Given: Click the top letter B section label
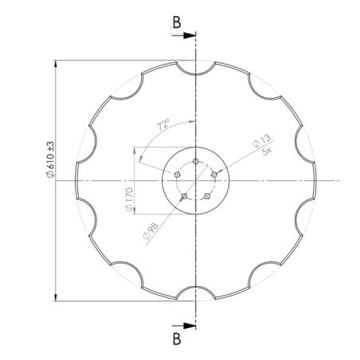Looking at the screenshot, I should point(177,22).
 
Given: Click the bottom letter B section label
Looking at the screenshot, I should point(177,339).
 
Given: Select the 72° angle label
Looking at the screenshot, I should point(164,125).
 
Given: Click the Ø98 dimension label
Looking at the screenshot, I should point(149,233).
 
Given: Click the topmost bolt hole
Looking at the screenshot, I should point(195,161).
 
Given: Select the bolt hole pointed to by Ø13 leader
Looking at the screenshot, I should point(214,174).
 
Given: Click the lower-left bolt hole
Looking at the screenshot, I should point(184,197).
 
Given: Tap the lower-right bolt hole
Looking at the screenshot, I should point(207,197).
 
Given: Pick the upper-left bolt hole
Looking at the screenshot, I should point(177,174).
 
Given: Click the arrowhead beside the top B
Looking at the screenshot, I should point(190,36).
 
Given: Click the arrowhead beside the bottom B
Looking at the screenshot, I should point(190,325).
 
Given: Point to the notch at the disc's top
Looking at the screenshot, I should point(195,68).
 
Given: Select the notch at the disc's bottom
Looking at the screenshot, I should point(195,293).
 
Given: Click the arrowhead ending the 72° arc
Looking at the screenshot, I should point(190,121).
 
